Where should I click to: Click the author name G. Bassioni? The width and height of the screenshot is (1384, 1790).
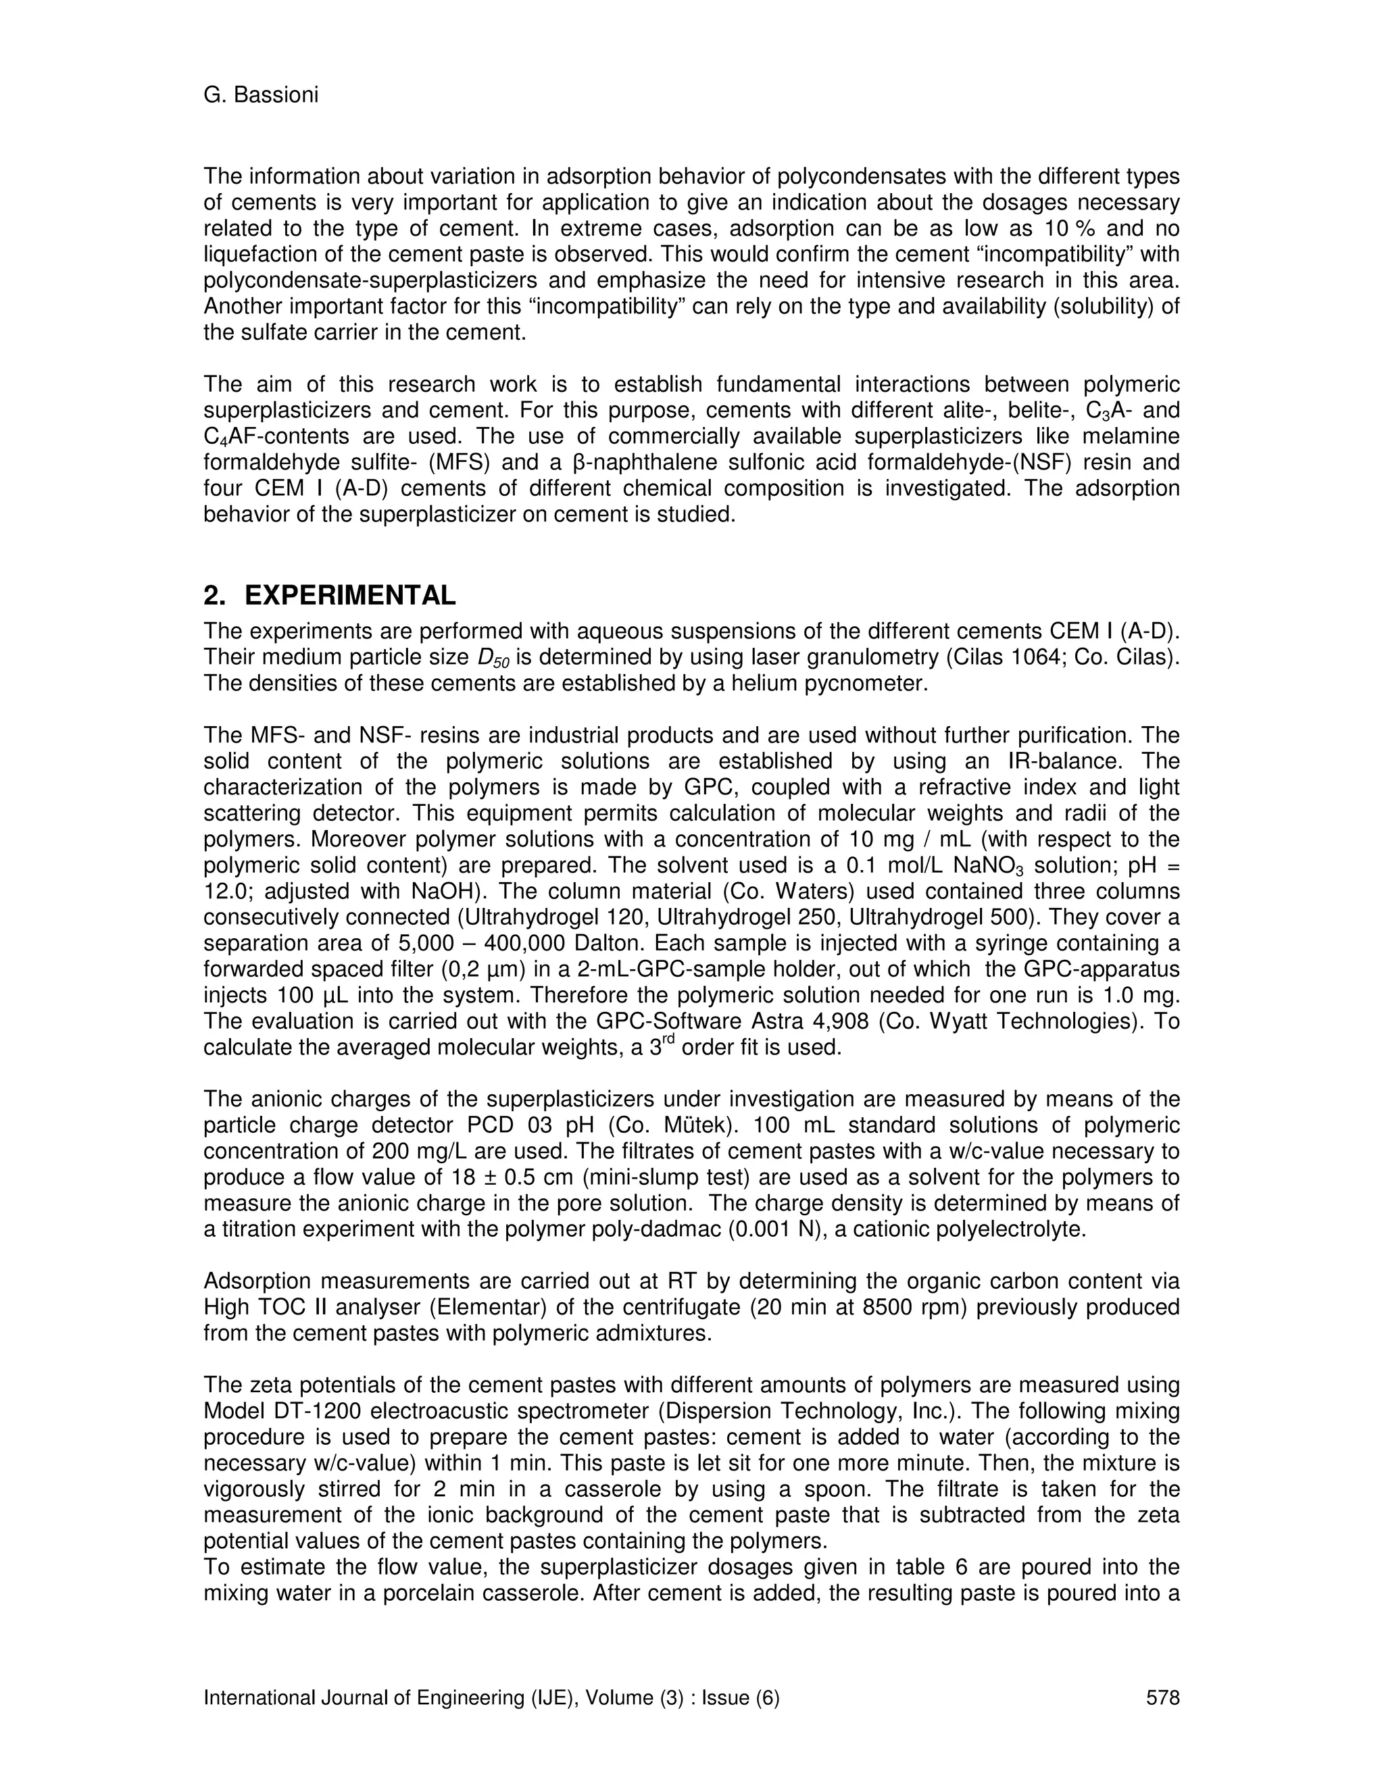261,95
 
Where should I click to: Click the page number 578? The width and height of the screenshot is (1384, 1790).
1162,1697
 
